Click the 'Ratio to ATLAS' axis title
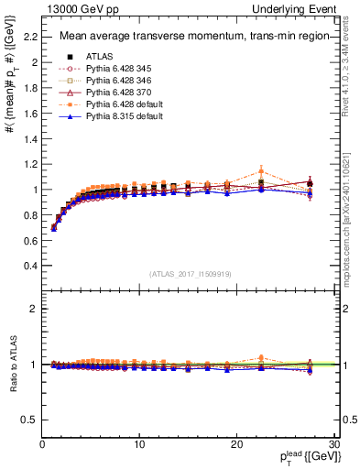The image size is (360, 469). (x=12, y=365)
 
